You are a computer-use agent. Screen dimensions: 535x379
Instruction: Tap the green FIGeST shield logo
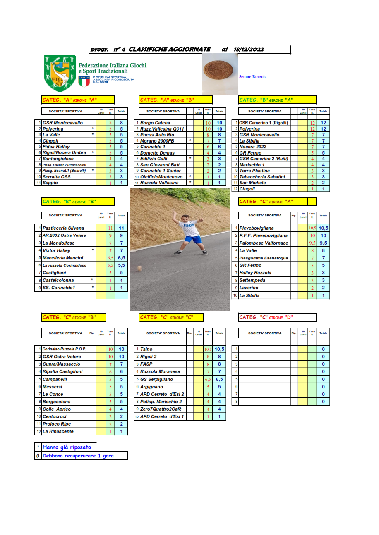click(60, 73)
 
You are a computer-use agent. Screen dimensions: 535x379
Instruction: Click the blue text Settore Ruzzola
click(253, 76)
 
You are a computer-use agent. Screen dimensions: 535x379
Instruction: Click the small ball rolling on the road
click(140, 269)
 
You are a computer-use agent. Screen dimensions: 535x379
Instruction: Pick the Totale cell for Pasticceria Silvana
click(121, 228)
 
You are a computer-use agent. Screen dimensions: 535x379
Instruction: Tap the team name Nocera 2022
click(253, 147)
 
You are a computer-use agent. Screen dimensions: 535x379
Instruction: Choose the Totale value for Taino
click(219, 349)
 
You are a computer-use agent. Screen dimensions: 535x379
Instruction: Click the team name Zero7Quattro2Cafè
click(161, 409)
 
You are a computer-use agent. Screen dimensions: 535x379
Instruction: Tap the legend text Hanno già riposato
click(67, 447)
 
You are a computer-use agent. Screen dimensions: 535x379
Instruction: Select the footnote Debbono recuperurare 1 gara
click(78, 456)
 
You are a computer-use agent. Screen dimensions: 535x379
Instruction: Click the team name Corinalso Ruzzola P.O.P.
click(64, 349)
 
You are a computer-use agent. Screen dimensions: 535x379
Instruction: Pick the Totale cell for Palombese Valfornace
click(323, 243)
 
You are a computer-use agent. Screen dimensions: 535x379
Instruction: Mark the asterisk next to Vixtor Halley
click(92, 250)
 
